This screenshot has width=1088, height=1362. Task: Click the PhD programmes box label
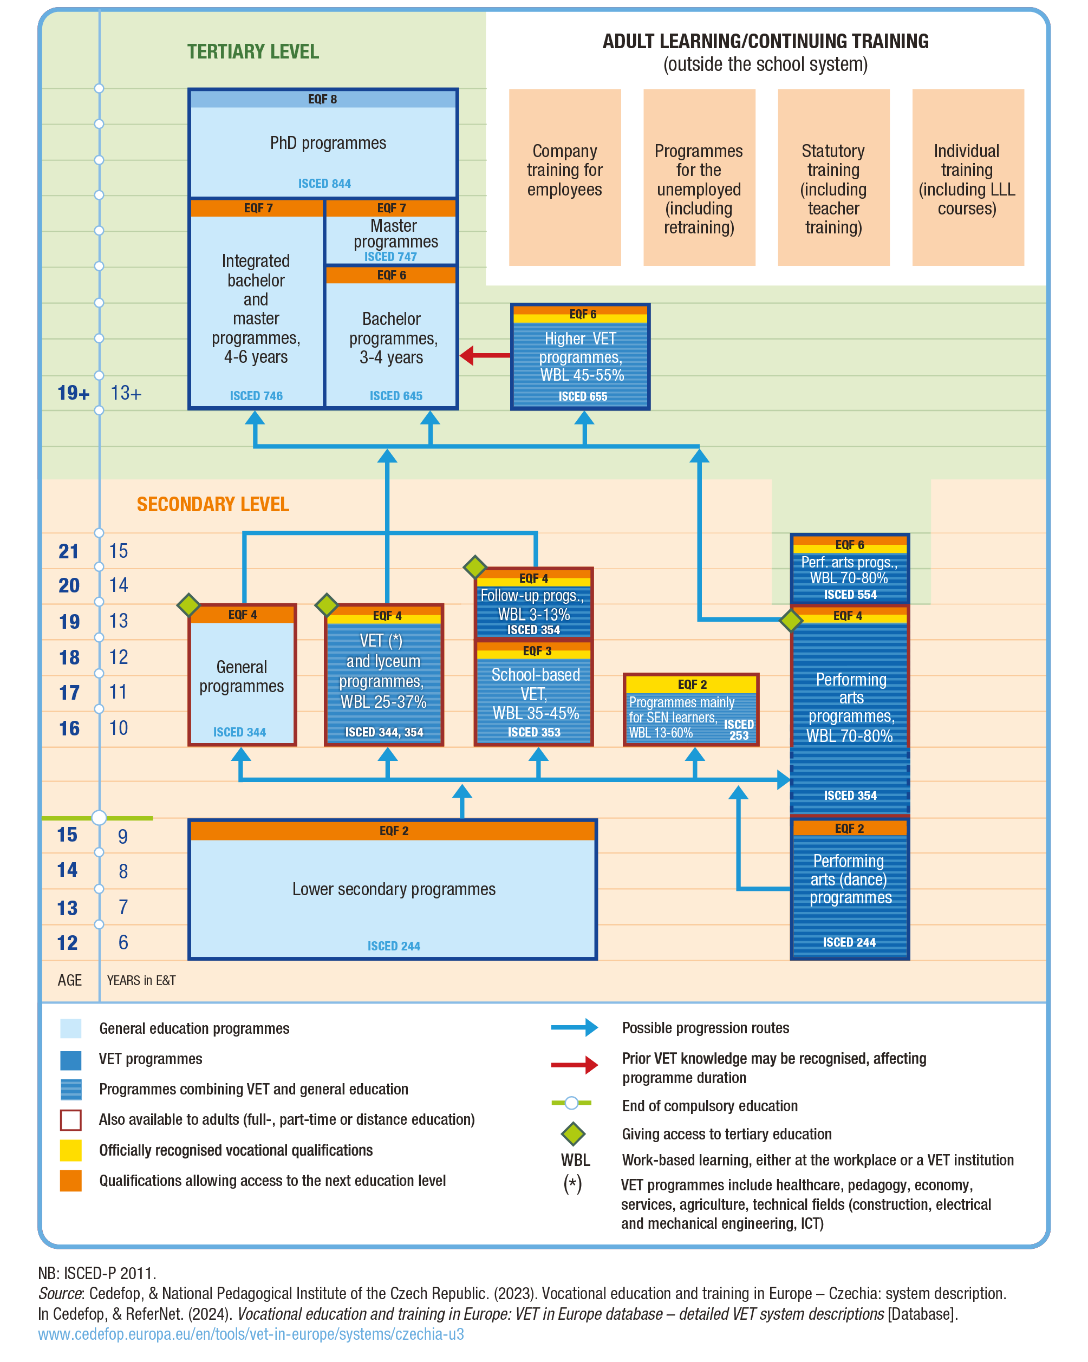[328, 144]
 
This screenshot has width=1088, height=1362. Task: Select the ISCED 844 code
[324, 184]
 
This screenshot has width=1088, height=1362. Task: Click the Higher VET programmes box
[580, 357]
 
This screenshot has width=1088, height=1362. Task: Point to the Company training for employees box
[564, 177]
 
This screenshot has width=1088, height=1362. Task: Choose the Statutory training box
[833, 177]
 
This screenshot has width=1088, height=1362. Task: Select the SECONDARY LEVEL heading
[213, 504]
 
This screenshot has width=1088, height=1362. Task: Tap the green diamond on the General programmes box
[188, 604]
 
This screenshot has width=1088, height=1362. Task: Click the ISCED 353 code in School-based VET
[534, 732]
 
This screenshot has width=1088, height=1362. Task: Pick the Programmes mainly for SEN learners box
[690, 710]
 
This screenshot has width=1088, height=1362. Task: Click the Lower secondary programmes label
[394, 889]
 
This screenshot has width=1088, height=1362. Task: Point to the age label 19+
[73, 393]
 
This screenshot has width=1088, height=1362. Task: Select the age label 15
[68, 835]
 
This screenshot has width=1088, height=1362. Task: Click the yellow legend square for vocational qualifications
[71, 1150]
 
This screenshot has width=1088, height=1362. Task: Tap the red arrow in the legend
[574, 1065]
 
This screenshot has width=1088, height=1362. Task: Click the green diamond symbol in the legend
[572, 1134]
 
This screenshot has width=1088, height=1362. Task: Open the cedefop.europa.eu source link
[251, 1334]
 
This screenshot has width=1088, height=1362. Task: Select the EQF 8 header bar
[323, 99]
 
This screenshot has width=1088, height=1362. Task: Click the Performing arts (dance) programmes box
[849, 888]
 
